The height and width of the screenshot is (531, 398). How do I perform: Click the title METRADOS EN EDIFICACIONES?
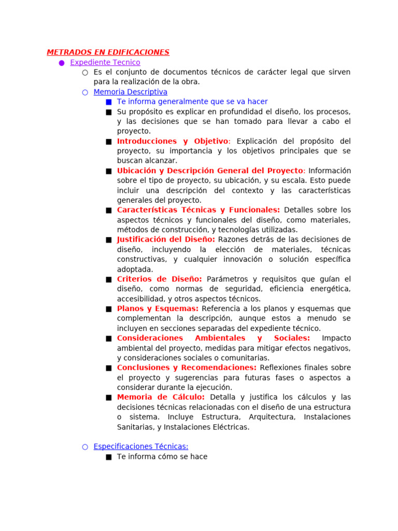tap(108, 52)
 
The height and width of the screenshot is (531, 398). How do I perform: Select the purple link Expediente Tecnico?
tap(105, 62)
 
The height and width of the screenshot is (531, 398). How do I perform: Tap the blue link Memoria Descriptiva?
tap(130, 92)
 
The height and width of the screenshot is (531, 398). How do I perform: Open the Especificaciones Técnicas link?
tap(141, 446)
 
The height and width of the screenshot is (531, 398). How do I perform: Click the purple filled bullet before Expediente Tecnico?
tap(62, 63)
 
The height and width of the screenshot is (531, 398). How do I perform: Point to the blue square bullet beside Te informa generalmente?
tap(108, 102)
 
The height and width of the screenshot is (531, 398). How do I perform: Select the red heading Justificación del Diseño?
tap(166, 240)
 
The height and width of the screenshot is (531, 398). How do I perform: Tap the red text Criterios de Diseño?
tap(159, 279)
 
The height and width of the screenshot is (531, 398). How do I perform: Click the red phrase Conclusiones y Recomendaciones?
tap(187, 368)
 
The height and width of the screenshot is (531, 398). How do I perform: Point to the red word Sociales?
tap(292, 338)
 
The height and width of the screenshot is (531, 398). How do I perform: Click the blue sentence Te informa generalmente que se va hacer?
tap(192, 102)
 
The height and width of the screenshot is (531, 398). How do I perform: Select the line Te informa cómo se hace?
tap(162, 457)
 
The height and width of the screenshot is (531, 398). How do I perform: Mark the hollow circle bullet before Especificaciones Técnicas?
tap(85, 447)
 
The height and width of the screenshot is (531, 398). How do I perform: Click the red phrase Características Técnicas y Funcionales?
tap(198, 210)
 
